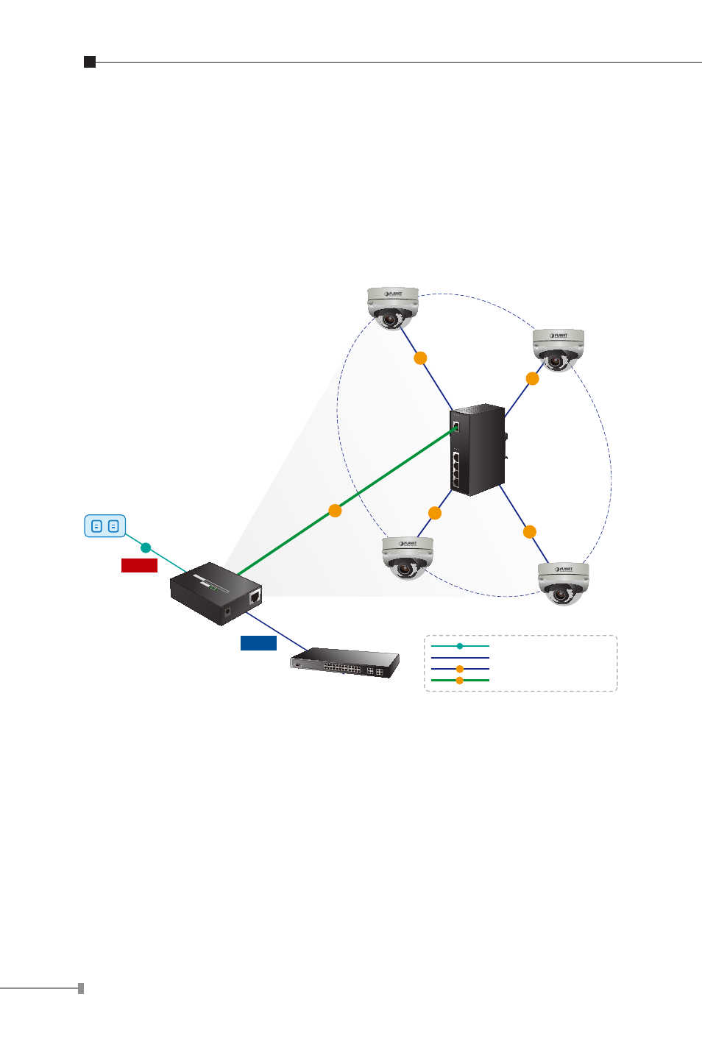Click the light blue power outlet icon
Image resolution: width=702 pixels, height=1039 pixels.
pos(104,526)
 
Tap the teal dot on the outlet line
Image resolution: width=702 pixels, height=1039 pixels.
pos(146,547)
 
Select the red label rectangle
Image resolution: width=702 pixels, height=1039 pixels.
pos(139,565)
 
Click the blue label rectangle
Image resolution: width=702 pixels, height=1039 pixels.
pos(258,643)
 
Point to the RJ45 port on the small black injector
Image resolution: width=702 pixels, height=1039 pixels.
pos(255,596)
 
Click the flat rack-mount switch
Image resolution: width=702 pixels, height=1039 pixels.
pos(345,663)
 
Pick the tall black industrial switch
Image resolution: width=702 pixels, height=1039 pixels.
pos(478,449)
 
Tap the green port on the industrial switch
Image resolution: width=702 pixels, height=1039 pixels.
pos(455,426)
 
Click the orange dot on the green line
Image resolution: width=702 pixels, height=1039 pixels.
pos(335,511)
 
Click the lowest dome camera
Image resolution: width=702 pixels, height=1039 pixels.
pos(563,583)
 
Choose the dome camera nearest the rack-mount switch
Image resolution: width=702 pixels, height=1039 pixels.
pos(407,557)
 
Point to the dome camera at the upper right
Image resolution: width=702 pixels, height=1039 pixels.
pos(559,350)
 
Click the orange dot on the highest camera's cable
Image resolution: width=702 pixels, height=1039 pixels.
pos(420,358)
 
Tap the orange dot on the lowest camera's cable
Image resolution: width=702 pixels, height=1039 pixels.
pos(529,532)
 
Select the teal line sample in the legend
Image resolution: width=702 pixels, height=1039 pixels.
pos(460,646)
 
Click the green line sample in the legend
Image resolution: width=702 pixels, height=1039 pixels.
pos(460,681)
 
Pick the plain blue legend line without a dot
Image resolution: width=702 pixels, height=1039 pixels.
pos(460,658)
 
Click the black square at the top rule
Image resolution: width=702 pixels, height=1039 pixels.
pos(90,62)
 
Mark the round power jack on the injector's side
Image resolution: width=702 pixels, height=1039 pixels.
pos(227,610)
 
